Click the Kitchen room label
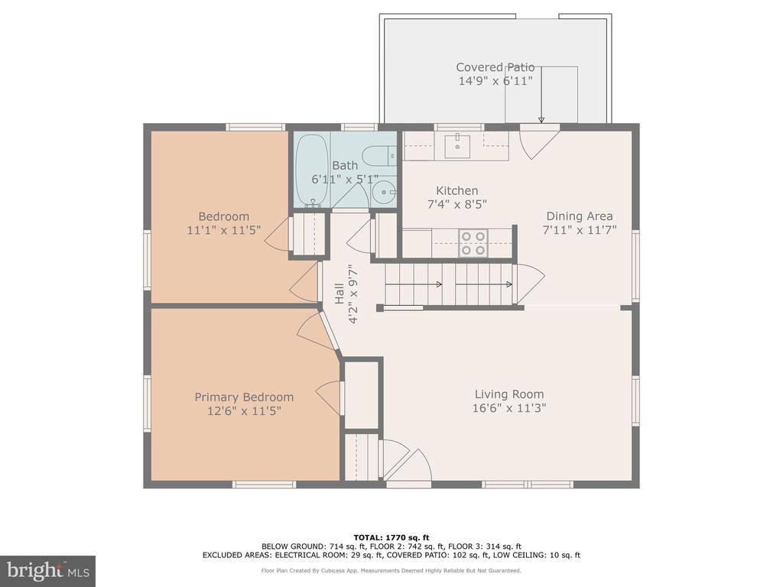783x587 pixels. coord(457,190)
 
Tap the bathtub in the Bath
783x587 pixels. coord(312,170)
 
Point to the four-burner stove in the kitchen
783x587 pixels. coord(473,242)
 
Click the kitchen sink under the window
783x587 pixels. coord(457,146)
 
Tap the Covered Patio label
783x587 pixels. coord(495,67)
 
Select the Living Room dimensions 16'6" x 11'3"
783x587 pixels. coord(509,408)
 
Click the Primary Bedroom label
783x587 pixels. coord(244,397)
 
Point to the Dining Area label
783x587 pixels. coord(580,216)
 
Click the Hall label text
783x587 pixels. coord(339,293)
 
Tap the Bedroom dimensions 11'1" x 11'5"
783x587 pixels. coord(224,230)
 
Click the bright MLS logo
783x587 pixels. coord(48,571)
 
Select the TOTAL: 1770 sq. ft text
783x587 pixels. coord(391,537)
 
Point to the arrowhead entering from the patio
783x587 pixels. coord(541,120)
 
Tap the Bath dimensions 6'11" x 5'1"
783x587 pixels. coord(345,179)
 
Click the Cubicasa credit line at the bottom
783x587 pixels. coord(391,570)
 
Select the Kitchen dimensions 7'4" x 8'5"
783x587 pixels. coord(457,204)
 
